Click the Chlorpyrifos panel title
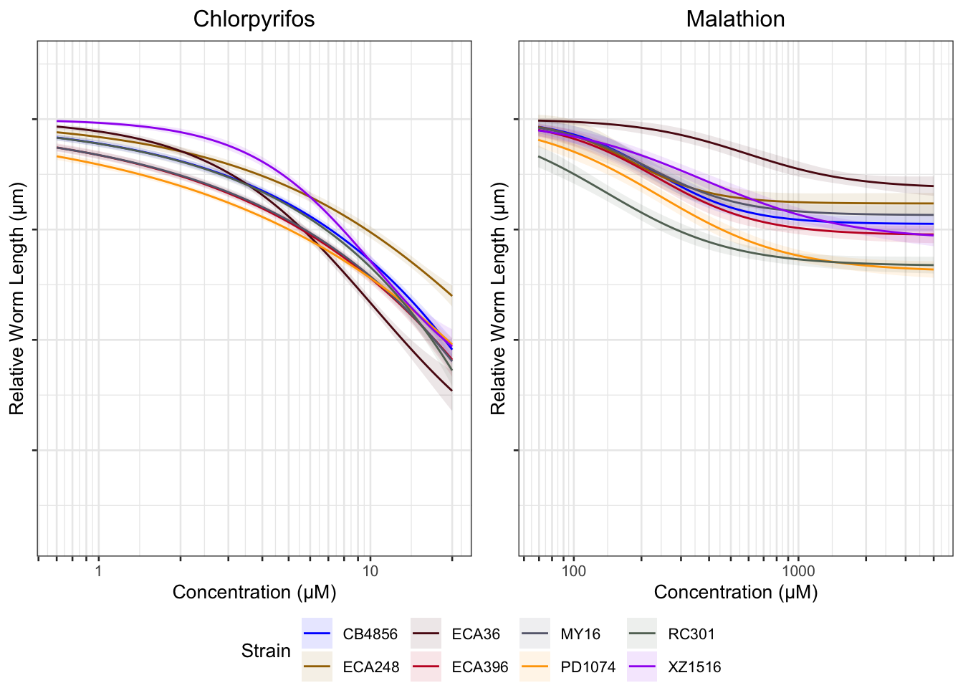pyautogui.click(x=254, y=19)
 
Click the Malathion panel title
pyautogui.click(x=735, y=19)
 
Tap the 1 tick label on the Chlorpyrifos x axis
pyautogui.click(x=98, y=571)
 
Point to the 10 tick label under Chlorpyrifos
pyautogui.click(x=370, y=571)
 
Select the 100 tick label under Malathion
pyautogui.click(x=573, y=571)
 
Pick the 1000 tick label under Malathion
pyautogui.click(x=798, y=571)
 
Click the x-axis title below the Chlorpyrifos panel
pyautogui.click(x=254, y=593)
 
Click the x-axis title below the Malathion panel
pyautogui.click(x=735, y=593)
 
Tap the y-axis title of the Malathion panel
pyautogui.click(x=499, y=298)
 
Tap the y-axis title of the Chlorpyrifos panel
pyautogui.click(x=17, y=298)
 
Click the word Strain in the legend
pyautogui.click(x=266, y=651)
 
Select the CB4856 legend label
pyautogui.click(x=370, y=634)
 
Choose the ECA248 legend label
pyautogui.click(x=370, y=667)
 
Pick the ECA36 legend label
pyautogui.click(x=476, y=634)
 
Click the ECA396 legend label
pyautogui.click(x=479, y=667)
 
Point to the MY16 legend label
pyautogui.click(x=580, y=634)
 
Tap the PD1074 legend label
pyautogui.click(x=588, y=667)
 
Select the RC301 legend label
pyautogui.click(x=691, y=634)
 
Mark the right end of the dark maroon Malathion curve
pyautogui.click(x=933, y=186)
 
